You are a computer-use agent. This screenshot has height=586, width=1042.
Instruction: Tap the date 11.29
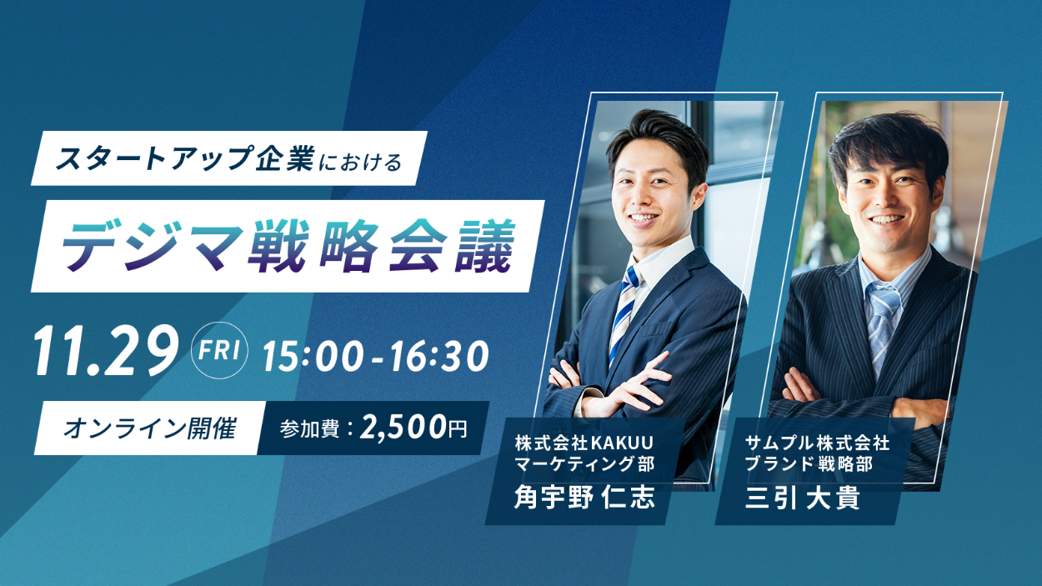point(107,351)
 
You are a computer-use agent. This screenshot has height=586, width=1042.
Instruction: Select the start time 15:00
point(313,356)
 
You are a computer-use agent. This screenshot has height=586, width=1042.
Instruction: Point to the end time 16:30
point(439,356)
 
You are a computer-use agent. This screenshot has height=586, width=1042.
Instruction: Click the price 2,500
point(403,428)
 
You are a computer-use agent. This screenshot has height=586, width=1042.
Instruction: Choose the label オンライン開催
point(150,428)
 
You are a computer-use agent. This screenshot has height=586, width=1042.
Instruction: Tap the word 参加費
point(309,428)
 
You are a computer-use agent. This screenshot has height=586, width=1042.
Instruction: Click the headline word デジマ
point(152,247)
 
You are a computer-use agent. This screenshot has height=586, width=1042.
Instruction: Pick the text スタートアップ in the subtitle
point(154,158)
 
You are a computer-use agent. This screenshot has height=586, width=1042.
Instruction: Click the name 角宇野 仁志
point(584,497)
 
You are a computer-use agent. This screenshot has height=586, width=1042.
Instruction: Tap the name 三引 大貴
point(803,498)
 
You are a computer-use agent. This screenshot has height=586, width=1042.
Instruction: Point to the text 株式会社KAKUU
point(584,443)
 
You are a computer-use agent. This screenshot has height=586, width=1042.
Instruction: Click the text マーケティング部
point(584,464)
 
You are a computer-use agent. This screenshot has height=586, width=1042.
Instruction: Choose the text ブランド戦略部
point(809,464)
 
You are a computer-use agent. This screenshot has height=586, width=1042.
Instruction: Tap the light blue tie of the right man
point(881,326)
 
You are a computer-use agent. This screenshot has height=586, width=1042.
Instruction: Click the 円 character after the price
point(458,428)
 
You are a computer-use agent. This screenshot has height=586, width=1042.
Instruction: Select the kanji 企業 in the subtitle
point(285,158)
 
